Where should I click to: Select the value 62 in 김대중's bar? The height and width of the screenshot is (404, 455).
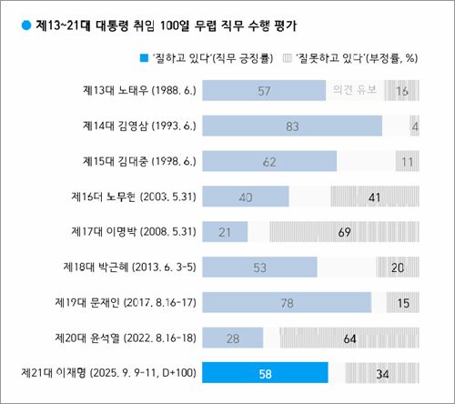(x=268, y=161)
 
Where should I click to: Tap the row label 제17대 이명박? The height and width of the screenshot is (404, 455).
(x=136, y=232)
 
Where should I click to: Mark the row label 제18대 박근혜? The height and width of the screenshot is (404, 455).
(x=132, y=267)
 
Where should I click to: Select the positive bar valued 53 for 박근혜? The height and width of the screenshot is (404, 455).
(x=259, y=267)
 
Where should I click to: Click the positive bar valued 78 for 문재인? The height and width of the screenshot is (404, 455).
(x=287, y=302)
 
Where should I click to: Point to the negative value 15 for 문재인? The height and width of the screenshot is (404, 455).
(x=403, y=302)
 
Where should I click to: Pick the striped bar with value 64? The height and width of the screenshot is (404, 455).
(x=349, y=338)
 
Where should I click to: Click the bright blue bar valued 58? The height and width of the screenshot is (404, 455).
(x=265, y=373)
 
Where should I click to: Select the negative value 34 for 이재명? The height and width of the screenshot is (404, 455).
(x=382, y=373)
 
